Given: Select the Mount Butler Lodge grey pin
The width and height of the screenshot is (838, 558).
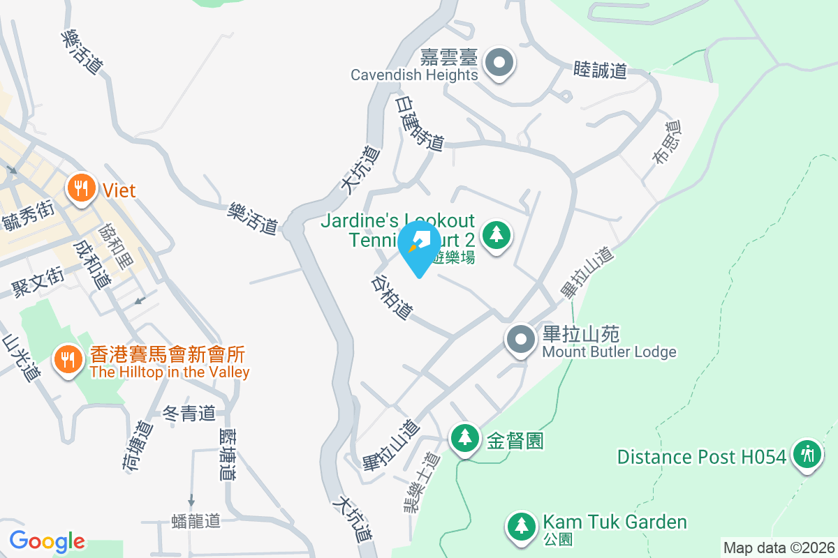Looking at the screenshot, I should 520,340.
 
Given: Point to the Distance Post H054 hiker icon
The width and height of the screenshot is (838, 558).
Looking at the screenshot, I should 807,455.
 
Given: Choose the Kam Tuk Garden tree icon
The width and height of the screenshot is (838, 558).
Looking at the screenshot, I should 520,525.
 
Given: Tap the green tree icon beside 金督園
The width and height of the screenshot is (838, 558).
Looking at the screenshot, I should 464,439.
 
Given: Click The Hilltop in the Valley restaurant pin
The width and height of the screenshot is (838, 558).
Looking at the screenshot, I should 68,360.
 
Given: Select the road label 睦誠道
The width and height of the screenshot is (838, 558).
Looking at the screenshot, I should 600,70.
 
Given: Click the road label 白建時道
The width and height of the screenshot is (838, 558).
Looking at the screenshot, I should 419,123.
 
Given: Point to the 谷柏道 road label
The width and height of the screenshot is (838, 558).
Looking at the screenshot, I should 391,296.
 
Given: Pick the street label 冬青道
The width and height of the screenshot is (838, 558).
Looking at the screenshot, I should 189,414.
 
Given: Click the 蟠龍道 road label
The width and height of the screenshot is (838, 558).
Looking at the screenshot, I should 196,521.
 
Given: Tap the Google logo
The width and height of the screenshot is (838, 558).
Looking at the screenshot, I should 47,541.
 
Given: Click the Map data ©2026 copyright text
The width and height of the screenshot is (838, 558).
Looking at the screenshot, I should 779,548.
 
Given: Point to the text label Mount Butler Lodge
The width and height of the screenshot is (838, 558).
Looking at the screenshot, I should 609,352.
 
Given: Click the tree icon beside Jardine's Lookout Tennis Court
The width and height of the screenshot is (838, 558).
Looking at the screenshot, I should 497,234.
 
